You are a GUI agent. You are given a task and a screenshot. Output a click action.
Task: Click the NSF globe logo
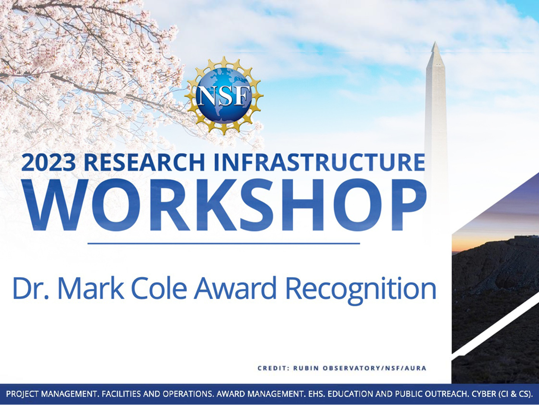(x=224, y=96)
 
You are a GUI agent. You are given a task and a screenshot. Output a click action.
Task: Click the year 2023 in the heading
(x=48, y=162)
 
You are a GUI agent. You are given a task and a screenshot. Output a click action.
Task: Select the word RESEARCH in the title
(x=144, y=162)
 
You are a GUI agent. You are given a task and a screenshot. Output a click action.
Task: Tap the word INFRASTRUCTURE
(x=320, y=162)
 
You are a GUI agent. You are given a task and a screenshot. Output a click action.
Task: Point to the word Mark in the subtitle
(x=91, y=288)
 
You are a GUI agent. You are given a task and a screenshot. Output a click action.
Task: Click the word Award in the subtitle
(x=235, y=288)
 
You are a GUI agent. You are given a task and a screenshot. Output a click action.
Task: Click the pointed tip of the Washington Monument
(x=435, y=42)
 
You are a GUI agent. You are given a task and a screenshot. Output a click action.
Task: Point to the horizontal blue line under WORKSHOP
(x=224, y=244)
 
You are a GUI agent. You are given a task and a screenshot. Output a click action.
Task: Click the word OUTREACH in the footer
(x=446, y=394)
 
